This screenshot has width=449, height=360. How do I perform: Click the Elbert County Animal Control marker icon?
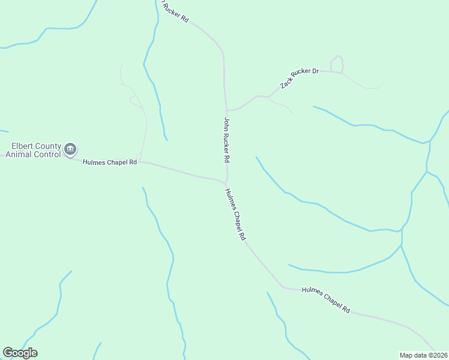[x=70, y=148]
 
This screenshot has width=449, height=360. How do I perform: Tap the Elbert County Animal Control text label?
[x=33, y=150]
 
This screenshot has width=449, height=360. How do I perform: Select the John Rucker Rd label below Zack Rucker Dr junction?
[x=227, y=140]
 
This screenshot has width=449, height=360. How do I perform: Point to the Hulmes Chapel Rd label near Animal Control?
[x=110, y=162]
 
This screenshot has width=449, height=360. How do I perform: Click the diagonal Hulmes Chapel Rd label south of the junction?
[x=235, y=214]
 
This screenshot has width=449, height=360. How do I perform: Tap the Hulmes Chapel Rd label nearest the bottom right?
[x=327, y=299]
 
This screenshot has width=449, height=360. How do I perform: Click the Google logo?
[x=20, y=353]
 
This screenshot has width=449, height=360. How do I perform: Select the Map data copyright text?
[x=423, y=355]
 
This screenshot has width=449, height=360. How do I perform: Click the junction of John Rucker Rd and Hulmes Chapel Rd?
[x=226, y=182]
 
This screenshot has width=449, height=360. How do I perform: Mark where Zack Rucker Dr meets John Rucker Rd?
[x=227, y=110]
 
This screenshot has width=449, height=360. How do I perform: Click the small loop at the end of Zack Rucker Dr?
[x=337, y=64]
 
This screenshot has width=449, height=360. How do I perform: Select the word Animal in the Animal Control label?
[x=19, y=154]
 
